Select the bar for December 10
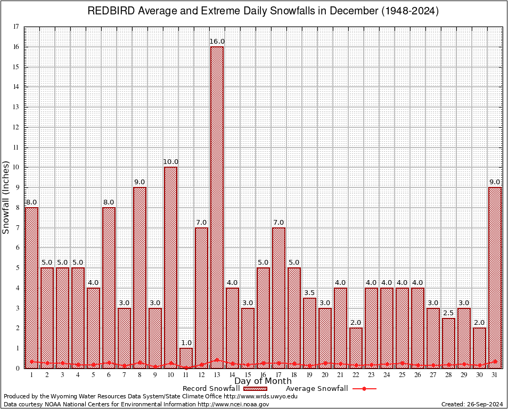[x=170, y=266]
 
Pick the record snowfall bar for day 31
[x=495, y=277]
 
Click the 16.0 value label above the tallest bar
[x=217, y=42]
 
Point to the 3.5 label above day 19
[x=310, y=293]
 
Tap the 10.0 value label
[x=171, y=162]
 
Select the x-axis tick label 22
[x=356, y=375]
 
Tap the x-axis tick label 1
[x=32, y=375]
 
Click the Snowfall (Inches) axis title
[x=6, y=197]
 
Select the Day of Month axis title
[x=263, y=381]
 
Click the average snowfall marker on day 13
[x=217, y=360]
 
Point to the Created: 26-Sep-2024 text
[x=472, y=404]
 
